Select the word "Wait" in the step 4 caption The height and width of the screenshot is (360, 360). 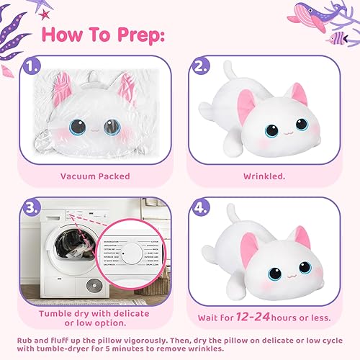pyautogui.click(x=212, y=315)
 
